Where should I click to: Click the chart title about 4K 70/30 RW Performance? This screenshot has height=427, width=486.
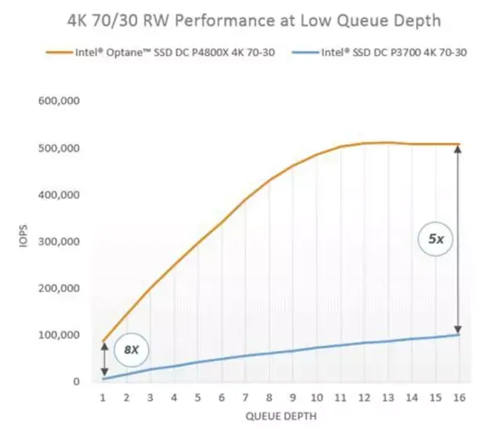pyautogui.click(x=254, y=20)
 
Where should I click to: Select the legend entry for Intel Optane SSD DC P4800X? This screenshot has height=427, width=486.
pyautogui.click(x=161, y=52)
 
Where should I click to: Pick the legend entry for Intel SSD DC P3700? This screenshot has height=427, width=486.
pyautogui.click(x=379, y=52)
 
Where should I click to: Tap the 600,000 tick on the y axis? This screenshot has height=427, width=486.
pyautogui.click(x=59, y=100)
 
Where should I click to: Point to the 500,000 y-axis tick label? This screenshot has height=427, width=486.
pyautogui.click(x=59, y=148)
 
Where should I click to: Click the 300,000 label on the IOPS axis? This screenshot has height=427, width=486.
pyautogui.click(x=59, y=242)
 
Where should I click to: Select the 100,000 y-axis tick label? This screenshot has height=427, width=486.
pyautogui.click(x=59, y=335)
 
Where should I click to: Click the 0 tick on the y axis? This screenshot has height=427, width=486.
pyautogui.click(x=76, y=381)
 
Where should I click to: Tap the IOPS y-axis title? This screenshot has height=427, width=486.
pyautogui.click(x=24, y=235)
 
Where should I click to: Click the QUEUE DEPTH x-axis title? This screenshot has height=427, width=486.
pyautogui.click(x=281, y=416)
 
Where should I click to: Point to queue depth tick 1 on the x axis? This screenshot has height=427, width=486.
pyautogui.click(x=103, y=397)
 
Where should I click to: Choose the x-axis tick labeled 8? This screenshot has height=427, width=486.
pyautogui.click(x=269, y=397)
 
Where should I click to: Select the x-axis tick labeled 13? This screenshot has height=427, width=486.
pyautogui.click(x=388, y=397)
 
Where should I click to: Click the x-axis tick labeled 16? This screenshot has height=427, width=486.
pyautogui.click(x=459, y=397)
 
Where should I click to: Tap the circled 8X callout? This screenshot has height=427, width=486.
pyautogui.click(x=132, y=350)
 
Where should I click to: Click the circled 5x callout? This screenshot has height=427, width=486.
pyautogui.click(x=436, y=239)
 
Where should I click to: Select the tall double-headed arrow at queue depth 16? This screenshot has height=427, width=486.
pyautogui.click(x=458, y=239)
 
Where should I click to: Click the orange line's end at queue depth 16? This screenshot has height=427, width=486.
pyautogui.click(x=459, y=144)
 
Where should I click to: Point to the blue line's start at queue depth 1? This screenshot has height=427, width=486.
pyautogui.click(x=103, y=379)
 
